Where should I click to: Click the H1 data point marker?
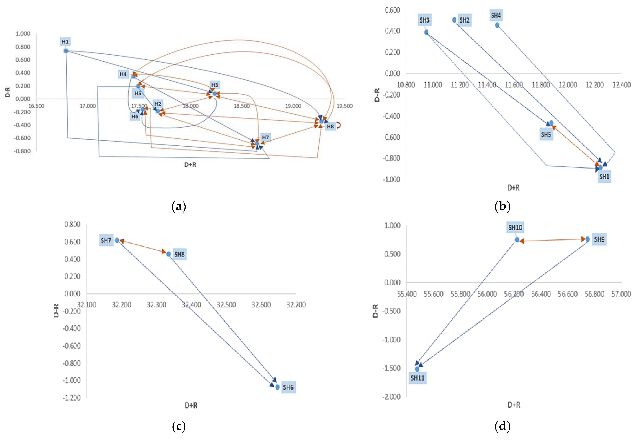coord(66,51)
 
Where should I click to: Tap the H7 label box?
coord(265,137)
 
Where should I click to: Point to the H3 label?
coord(215,85)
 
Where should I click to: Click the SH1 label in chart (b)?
coord(604,177)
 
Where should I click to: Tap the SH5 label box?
coord(546,135)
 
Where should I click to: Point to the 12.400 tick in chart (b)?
coord(621,85)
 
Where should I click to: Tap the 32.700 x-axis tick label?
coord(296,305)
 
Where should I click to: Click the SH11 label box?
coord(417,378)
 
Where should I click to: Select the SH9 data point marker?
coord(588,239)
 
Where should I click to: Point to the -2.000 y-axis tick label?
coord(391,397)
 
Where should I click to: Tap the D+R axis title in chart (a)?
coord(190,165)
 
